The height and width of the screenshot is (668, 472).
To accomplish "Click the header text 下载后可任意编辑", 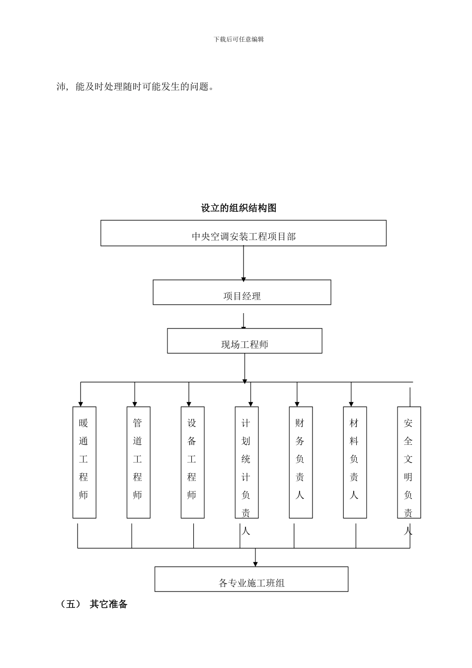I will [238, 39].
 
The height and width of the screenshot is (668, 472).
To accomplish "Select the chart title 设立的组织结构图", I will [238, 208].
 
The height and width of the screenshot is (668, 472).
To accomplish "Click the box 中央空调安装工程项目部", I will [243, 234].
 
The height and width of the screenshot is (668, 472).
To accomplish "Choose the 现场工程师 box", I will [244, 341].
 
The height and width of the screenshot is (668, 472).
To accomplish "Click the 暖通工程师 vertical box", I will [84, 462].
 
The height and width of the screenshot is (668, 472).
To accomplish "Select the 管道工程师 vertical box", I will [138, 462].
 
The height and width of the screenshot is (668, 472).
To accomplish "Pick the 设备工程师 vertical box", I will [192, 462].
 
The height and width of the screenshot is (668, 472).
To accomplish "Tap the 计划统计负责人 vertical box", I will [246, 462].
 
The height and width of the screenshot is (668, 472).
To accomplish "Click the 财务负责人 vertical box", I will [301, 462].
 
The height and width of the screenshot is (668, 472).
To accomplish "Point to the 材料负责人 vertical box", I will [355, 462].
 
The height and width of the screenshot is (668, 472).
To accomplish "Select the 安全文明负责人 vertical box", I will [409, 462].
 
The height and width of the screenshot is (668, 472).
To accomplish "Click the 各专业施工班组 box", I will [251, 579].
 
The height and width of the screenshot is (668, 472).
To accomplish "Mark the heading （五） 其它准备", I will [94, 604].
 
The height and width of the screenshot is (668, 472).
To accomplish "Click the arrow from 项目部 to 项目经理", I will [243, 263].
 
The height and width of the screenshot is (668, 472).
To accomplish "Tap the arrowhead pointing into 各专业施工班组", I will [255, 564].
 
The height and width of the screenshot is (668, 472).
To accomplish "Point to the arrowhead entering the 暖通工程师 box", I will [80, 404].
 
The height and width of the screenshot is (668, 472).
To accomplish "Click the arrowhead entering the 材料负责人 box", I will [351, 404].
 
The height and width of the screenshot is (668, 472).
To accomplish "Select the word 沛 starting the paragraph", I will [62, 87].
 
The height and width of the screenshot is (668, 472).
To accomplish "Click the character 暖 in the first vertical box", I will [83, 423].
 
